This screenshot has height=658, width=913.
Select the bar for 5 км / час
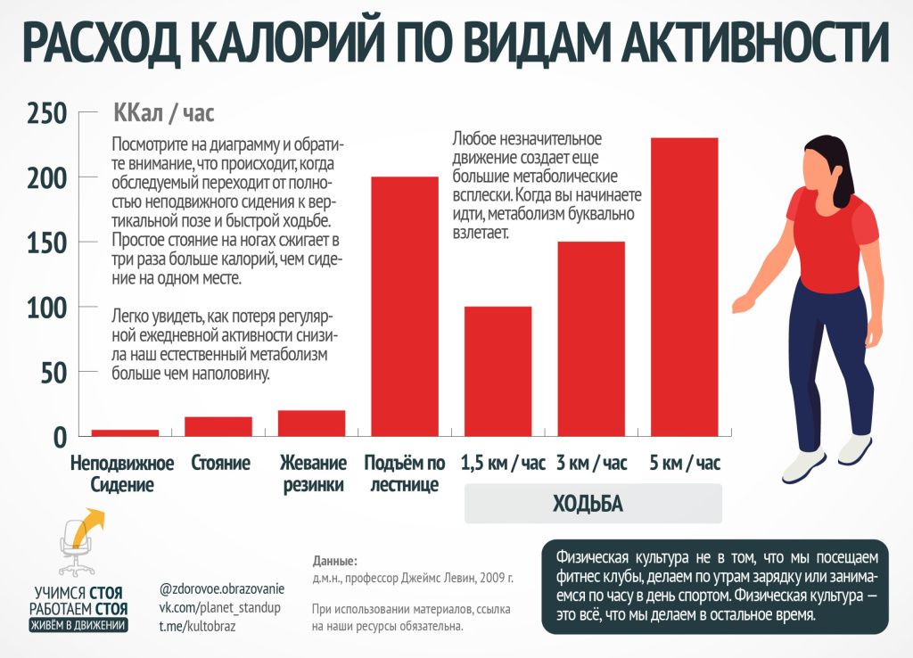coord(684,286)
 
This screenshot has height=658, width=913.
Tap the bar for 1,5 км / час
coord(498,371)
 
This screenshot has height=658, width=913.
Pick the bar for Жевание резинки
coord(311,423)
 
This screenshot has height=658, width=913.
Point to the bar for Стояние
coord(218,426)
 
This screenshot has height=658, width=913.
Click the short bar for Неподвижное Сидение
coord(125,432)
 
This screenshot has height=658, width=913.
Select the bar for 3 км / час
coord(591,339)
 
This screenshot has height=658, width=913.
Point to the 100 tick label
coord(46,308)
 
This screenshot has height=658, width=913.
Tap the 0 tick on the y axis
coord(59,437)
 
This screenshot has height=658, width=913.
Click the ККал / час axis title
coord(164,114)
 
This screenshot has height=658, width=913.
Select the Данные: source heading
coord(334,561)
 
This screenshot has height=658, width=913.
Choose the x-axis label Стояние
coord(220,464)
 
